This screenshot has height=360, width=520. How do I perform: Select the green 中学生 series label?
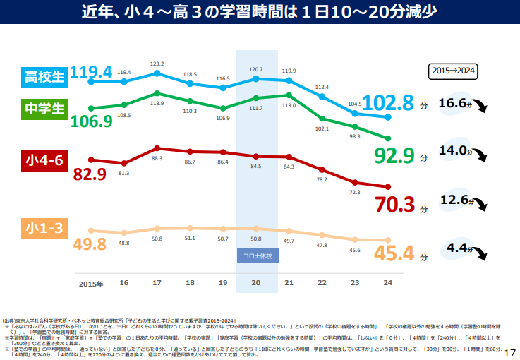coord(44,108)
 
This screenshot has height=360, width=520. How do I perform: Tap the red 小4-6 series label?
coord(44,160)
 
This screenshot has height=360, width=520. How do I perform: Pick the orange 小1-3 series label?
coord(44,229)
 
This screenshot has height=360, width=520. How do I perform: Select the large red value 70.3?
coord(394,205)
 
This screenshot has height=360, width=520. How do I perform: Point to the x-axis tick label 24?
coord(387,282)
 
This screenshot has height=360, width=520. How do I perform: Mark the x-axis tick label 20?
coord(256,282)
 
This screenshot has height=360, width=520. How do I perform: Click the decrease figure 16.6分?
coord(454,104)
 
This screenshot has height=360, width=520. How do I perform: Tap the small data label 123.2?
coord(157,64)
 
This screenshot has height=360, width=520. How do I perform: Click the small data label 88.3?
coord(157,159)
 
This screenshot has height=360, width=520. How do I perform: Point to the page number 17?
coord(511,352)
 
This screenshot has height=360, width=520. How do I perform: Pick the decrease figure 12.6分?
coord(455,200)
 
